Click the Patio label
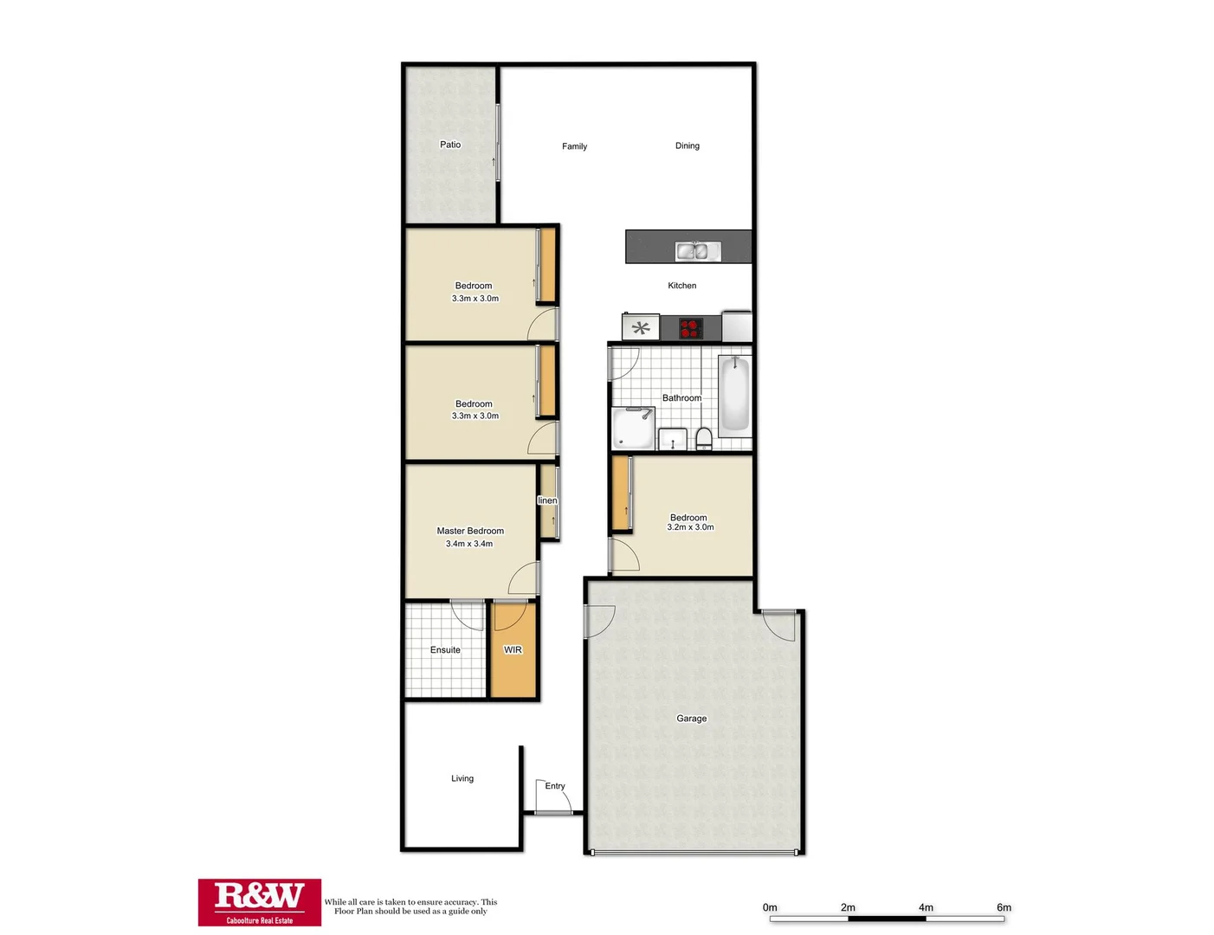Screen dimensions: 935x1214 pyautogui.click(x=450, y=145)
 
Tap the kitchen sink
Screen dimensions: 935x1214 pyautogui.click(x=692, y=251)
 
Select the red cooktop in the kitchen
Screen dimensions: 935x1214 pyautogui.click(x=690, y=329)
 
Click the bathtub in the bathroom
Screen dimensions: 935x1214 pyautogui.click(x=734, y=394)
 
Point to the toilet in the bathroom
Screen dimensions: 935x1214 pyautogui.click(x=703, y=439)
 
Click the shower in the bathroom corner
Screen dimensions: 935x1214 pyautogui.click(x=633, y=429)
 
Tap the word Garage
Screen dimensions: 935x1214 pyautogui.click(x=691, y=719)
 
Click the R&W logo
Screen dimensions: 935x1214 pyautogui.click(x=259, y=901)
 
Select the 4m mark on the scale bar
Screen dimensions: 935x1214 pyautogui.click(x=926, y=907)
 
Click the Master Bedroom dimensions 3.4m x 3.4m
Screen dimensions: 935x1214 pyautogui.click(x=469, y=544)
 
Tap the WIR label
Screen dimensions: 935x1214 pyautogui.click(x=513, y=650)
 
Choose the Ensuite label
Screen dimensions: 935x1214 pyautogui.click(x=445, y=650)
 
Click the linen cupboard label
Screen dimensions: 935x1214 pyautogui.click(x=547, y=500)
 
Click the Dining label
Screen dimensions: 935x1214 pyautogui.click(x=687, y=145)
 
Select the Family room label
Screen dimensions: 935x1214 pyautogui.click(x=574, y=146)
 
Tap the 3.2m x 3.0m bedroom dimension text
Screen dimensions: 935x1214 pyautogui.click(x=690, y=527)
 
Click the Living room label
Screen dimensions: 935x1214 pyautogui.click(x=462, y=778)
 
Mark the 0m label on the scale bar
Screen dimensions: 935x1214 pyautogui.click(x=770, y=907)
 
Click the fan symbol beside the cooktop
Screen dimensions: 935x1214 pyautogui.click(x=641, y=328)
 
